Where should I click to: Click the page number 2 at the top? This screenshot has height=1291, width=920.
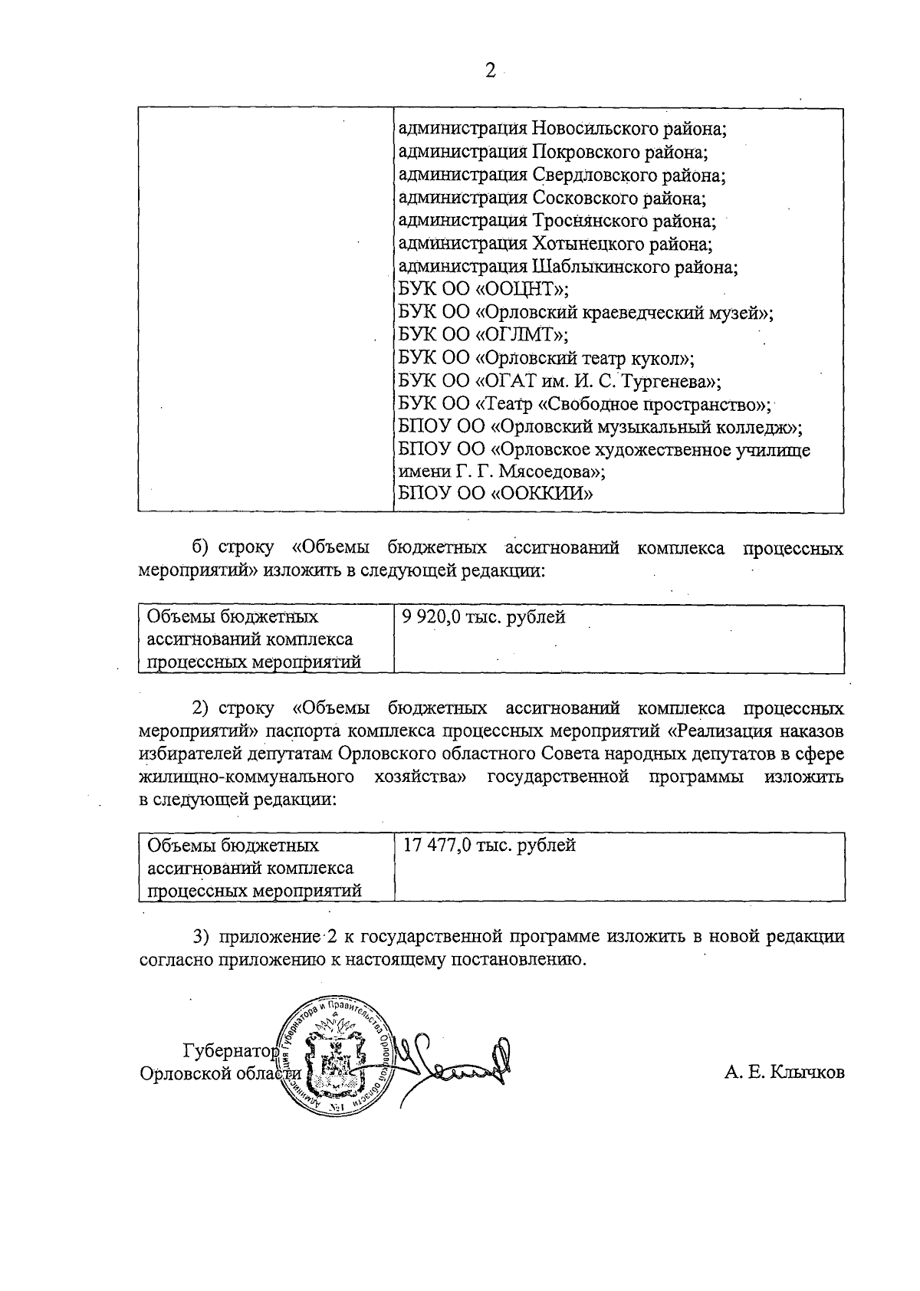coord(490,71)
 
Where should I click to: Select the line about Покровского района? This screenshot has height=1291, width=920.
coord(553,152)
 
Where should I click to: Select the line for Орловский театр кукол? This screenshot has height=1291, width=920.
coord(547,358)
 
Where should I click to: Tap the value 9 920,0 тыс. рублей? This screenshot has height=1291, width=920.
coord(483,616)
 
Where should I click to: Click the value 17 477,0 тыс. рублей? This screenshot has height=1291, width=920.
coord(488,845)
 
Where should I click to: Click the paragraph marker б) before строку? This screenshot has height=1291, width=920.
coord(201,549)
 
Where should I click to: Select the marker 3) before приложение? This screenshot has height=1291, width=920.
coord(201,937)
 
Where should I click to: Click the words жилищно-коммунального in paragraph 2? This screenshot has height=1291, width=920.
coord(248,777)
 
